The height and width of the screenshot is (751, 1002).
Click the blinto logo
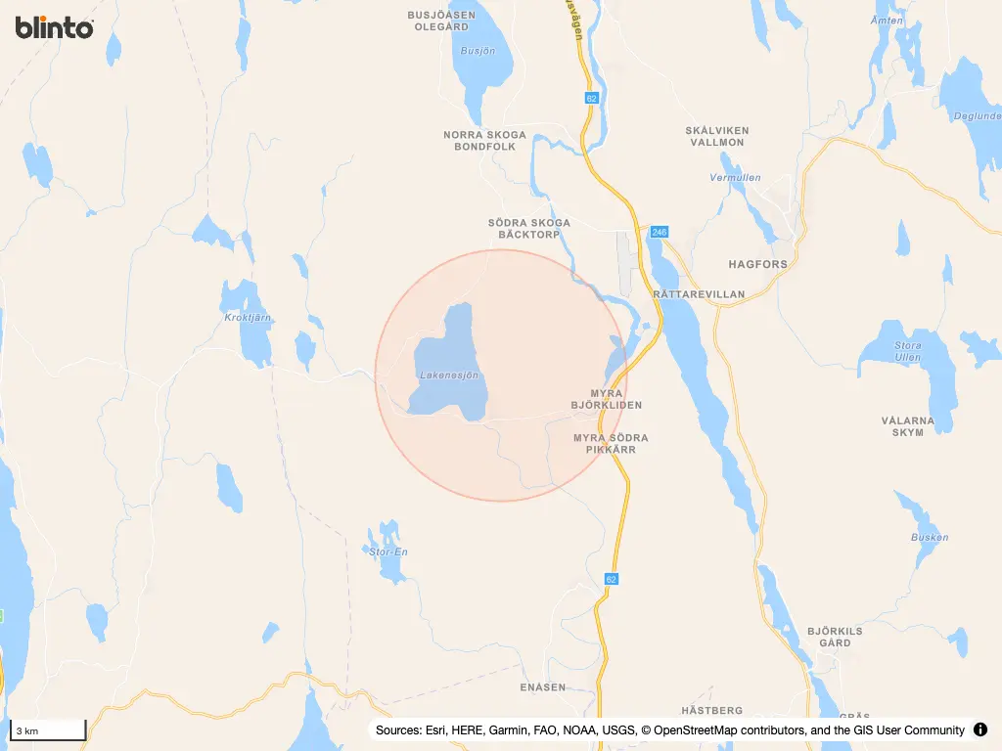[x=55, y=27]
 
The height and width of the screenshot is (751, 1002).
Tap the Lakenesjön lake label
[x=448, y=375]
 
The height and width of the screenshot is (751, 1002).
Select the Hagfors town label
[x=757, y=264]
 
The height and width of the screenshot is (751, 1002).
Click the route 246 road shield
[x=659, y=232]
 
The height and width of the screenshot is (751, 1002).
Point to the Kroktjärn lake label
[x=248, y=318]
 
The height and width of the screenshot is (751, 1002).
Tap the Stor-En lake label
[x=388, y=552]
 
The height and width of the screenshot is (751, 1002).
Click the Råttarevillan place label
[x=698, y=293]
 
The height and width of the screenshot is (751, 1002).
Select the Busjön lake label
[x=478, y=51]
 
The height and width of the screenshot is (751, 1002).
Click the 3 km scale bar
[x=48, y=730]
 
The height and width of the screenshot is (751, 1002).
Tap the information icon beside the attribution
[x=980, y=729]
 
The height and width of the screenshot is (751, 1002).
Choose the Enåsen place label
[x=543, y=687]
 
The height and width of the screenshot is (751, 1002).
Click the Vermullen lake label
[x=735, y=178]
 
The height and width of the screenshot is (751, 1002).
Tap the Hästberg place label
[x=711, y=710]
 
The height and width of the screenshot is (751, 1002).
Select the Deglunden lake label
[x=978, y=115]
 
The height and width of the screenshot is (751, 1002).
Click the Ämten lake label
[x=888, y=21]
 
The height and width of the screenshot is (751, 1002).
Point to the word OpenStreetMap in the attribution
[x=703, y=730]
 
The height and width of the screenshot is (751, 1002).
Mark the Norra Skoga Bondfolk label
[x=484, y=141]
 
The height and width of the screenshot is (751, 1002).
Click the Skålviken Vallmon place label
[x=716, y=136]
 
